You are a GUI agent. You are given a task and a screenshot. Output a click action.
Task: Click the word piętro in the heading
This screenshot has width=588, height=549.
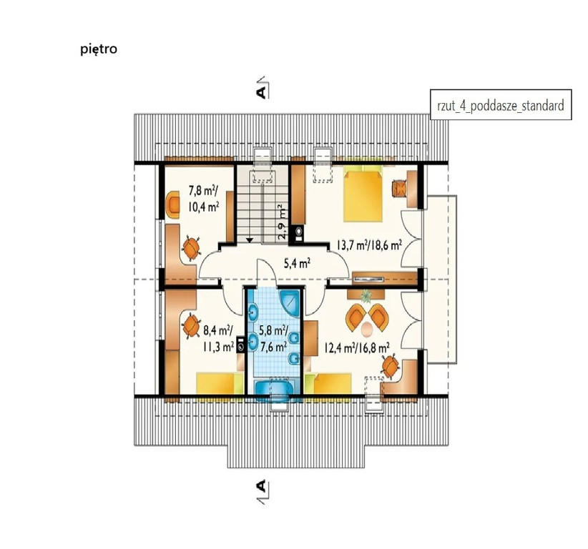[99, 49]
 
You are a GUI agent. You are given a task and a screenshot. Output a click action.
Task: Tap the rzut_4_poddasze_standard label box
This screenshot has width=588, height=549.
[501, 104]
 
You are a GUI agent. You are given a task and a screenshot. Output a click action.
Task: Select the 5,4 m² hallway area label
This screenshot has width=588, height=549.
[297, 264]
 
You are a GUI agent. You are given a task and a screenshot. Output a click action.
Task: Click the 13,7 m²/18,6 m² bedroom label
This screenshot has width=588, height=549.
[369, 246]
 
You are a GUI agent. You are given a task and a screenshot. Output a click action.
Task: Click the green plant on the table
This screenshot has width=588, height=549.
[366, 296]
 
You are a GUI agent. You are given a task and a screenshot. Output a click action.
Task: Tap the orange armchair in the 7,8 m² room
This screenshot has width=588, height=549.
[174, 204]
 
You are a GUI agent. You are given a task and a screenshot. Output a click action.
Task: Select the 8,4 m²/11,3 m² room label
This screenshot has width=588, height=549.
[217, 338]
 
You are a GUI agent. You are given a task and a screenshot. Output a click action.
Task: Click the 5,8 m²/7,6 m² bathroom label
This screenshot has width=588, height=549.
[273, 338]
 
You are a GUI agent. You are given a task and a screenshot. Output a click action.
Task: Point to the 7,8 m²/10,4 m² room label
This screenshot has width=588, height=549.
[204, 199]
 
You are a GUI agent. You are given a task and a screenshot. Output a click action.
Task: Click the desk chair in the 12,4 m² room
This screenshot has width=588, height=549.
[391, 365]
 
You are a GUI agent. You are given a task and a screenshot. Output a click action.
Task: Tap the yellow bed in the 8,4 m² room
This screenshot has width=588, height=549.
[220, 383]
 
